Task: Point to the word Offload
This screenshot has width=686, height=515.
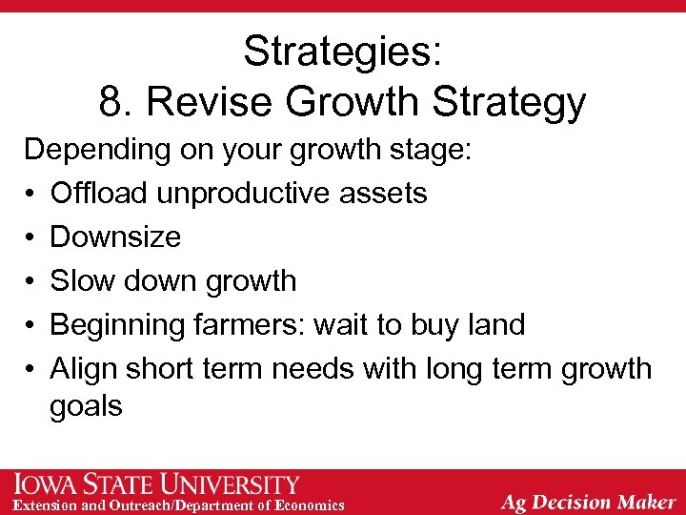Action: tap(99, 194)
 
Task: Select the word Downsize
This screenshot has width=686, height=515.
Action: tap(115, 237)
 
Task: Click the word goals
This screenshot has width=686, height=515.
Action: tap(87, 407)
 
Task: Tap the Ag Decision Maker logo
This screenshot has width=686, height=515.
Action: tap(588, 502)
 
